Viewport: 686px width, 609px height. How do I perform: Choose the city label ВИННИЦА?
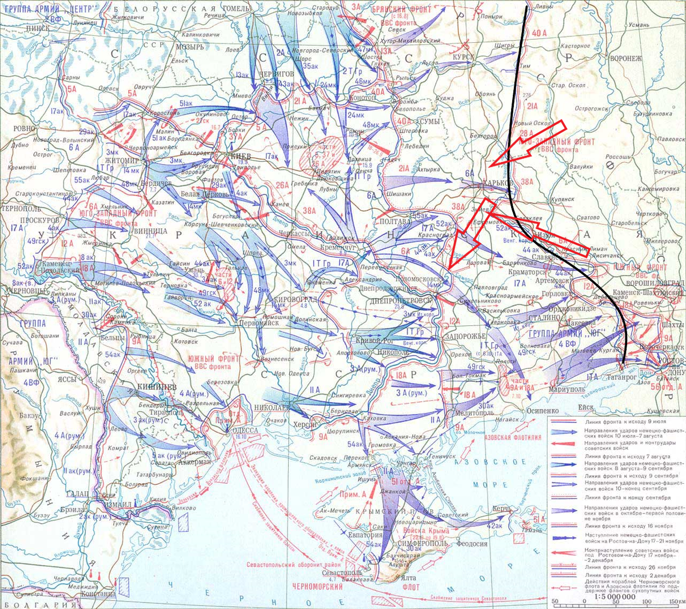pos(149,231)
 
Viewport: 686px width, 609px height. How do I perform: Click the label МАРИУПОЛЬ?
pos(567,389)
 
